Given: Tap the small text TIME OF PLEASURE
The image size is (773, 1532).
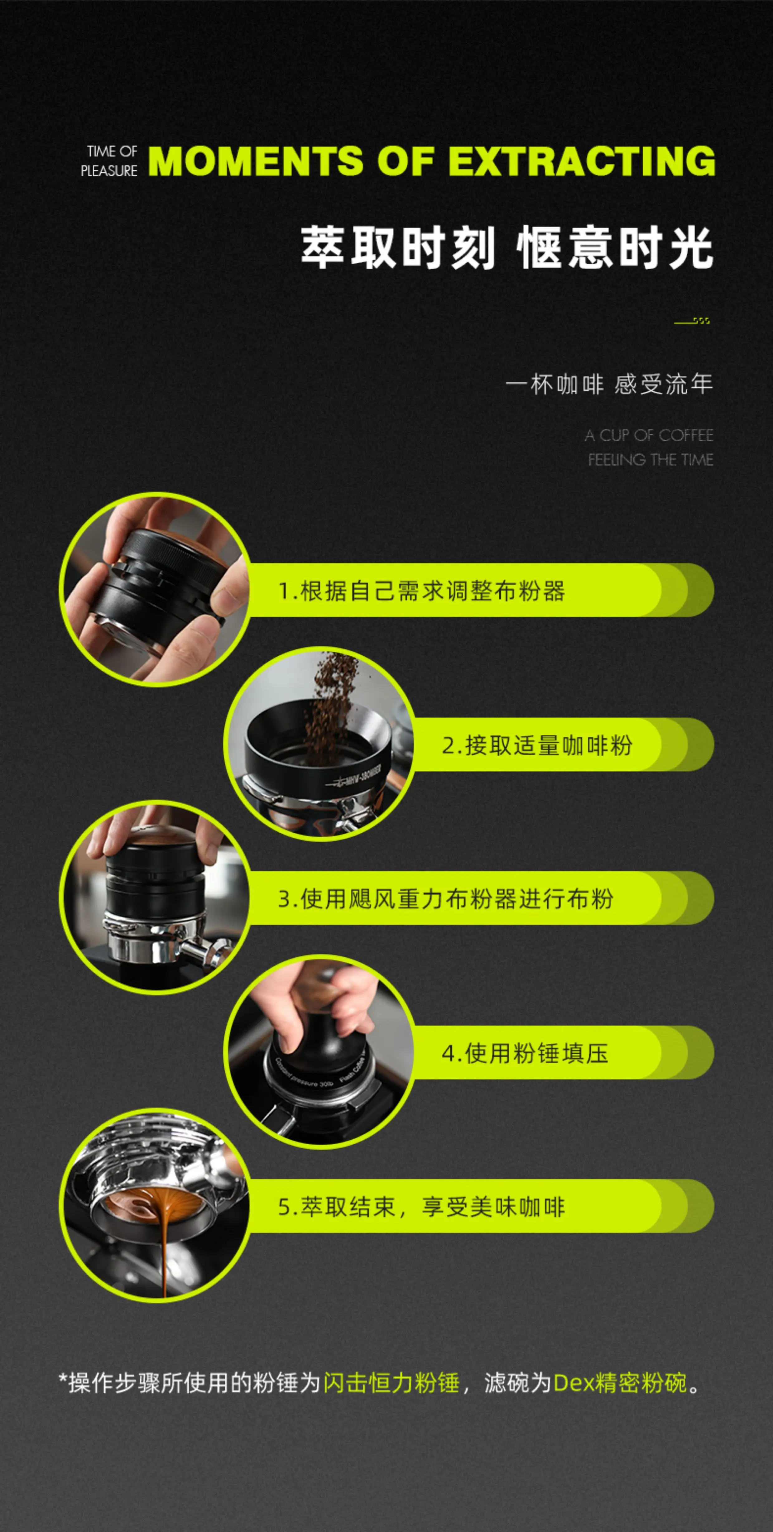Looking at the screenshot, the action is pyautogui.click(x=109, y=161).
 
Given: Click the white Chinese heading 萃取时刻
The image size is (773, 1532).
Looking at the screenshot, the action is pyautogui.click(x=398, y=247).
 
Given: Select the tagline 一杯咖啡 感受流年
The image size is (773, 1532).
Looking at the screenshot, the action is pyautogui.click(x=609, y=384).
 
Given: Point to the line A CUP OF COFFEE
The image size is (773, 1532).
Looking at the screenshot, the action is pyautogui.click(x=649, y=435).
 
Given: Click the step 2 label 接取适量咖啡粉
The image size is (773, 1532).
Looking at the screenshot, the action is pyautogui.click(x=537, y=745).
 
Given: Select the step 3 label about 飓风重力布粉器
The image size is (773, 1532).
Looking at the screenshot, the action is pyautogui.click(x=445, y=899).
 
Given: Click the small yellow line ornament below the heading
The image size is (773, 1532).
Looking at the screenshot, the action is pyautogui.click(x=692, y=321).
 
